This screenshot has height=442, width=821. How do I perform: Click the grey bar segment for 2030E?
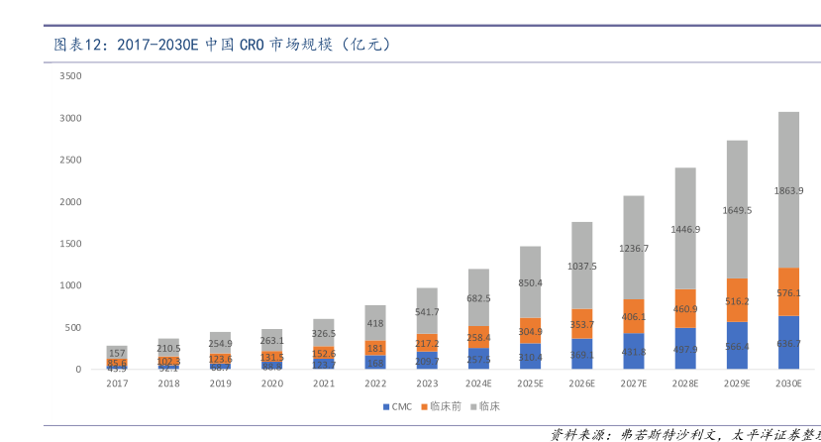pos(788,189)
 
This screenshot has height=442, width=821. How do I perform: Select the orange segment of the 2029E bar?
pos(737,300)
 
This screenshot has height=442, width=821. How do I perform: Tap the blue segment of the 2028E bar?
pos(685,348)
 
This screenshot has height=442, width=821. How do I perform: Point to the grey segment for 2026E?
pos(582,266)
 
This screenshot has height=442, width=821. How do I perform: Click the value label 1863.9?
pos(788,189)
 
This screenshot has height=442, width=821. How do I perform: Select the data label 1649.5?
pos(737,210)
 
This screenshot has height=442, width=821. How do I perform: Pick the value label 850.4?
pos(531,282)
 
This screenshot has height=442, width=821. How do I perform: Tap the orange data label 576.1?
pos(788,292)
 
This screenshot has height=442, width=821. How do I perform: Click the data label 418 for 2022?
pos(375,323)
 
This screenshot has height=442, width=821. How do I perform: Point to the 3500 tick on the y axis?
pos(70,76)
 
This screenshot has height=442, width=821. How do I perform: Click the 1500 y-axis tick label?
pos(70,244)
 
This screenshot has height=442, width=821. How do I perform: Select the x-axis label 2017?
pos(117,384)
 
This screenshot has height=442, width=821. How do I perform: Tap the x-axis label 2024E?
pos(478,384)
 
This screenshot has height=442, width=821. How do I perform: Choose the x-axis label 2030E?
pos(788,384)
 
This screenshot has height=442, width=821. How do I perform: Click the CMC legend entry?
pos(399,406)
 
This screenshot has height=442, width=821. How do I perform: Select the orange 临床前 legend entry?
pos(441,406)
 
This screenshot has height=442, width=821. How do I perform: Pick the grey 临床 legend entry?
pos(485,406)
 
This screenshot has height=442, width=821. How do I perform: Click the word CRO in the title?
pos(252,45)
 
